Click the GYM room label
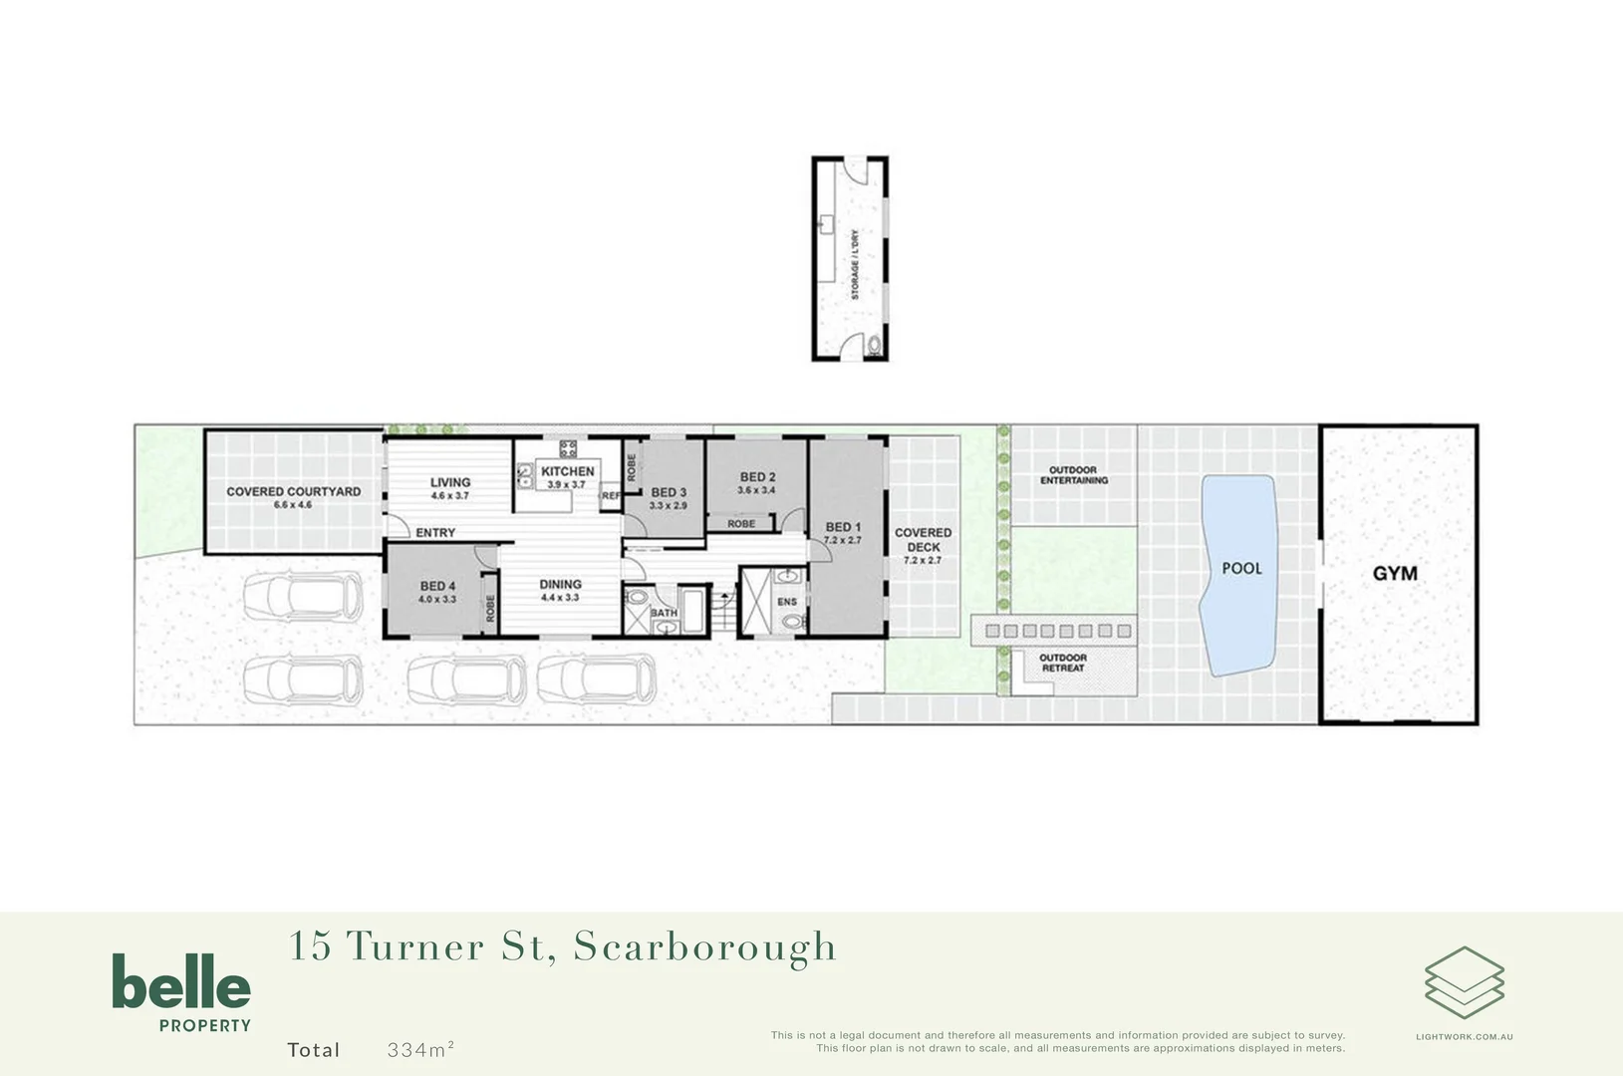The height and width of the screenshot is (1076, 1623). (1394, 574)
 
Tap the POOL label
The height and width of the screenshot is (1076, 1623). (1241, 569)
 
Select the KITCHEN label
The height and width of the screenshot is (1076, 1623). (567, 471)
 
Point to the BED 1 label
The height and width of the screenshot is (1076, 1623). (843, 527)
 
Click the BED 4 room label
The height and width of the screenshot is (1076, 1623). (437, 586)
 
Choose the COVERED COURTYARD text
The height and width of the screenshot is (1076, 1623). (293, 491)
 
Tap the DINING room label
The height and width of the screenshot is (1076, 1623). (560, 585)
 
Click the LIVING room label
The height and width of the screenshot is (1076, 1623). (450, 482)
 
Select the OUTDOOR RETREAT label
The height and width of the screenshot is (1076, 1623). (1063, 663)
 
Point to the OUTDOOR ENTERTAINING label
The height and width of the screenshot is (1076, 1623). (1074, 475)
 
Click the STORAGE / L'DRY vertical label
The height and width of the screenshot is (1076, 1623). (854, 265)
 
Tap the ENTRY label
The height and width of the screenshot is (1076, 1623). (435, 533)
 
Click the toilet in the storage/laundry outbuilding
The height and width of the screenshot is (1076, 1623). (875, 345)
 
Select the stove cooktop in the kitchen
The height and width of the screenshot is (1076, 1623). (568, 449)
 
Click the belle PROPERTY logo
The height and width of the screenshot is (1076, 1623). (181, 992)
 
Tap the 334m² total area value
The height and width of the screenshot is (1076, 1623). (420, 1049)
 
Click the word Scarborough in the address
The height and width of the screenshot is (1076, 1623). (704, 947)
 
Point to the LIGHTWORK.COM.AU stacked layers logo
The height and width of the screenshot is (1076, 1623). (1464, 982)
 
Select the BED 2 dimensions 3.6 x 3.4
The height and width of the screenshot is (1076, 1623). (756, 490)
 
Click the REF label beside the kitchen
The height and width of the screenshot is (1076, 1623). (610, 495)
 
